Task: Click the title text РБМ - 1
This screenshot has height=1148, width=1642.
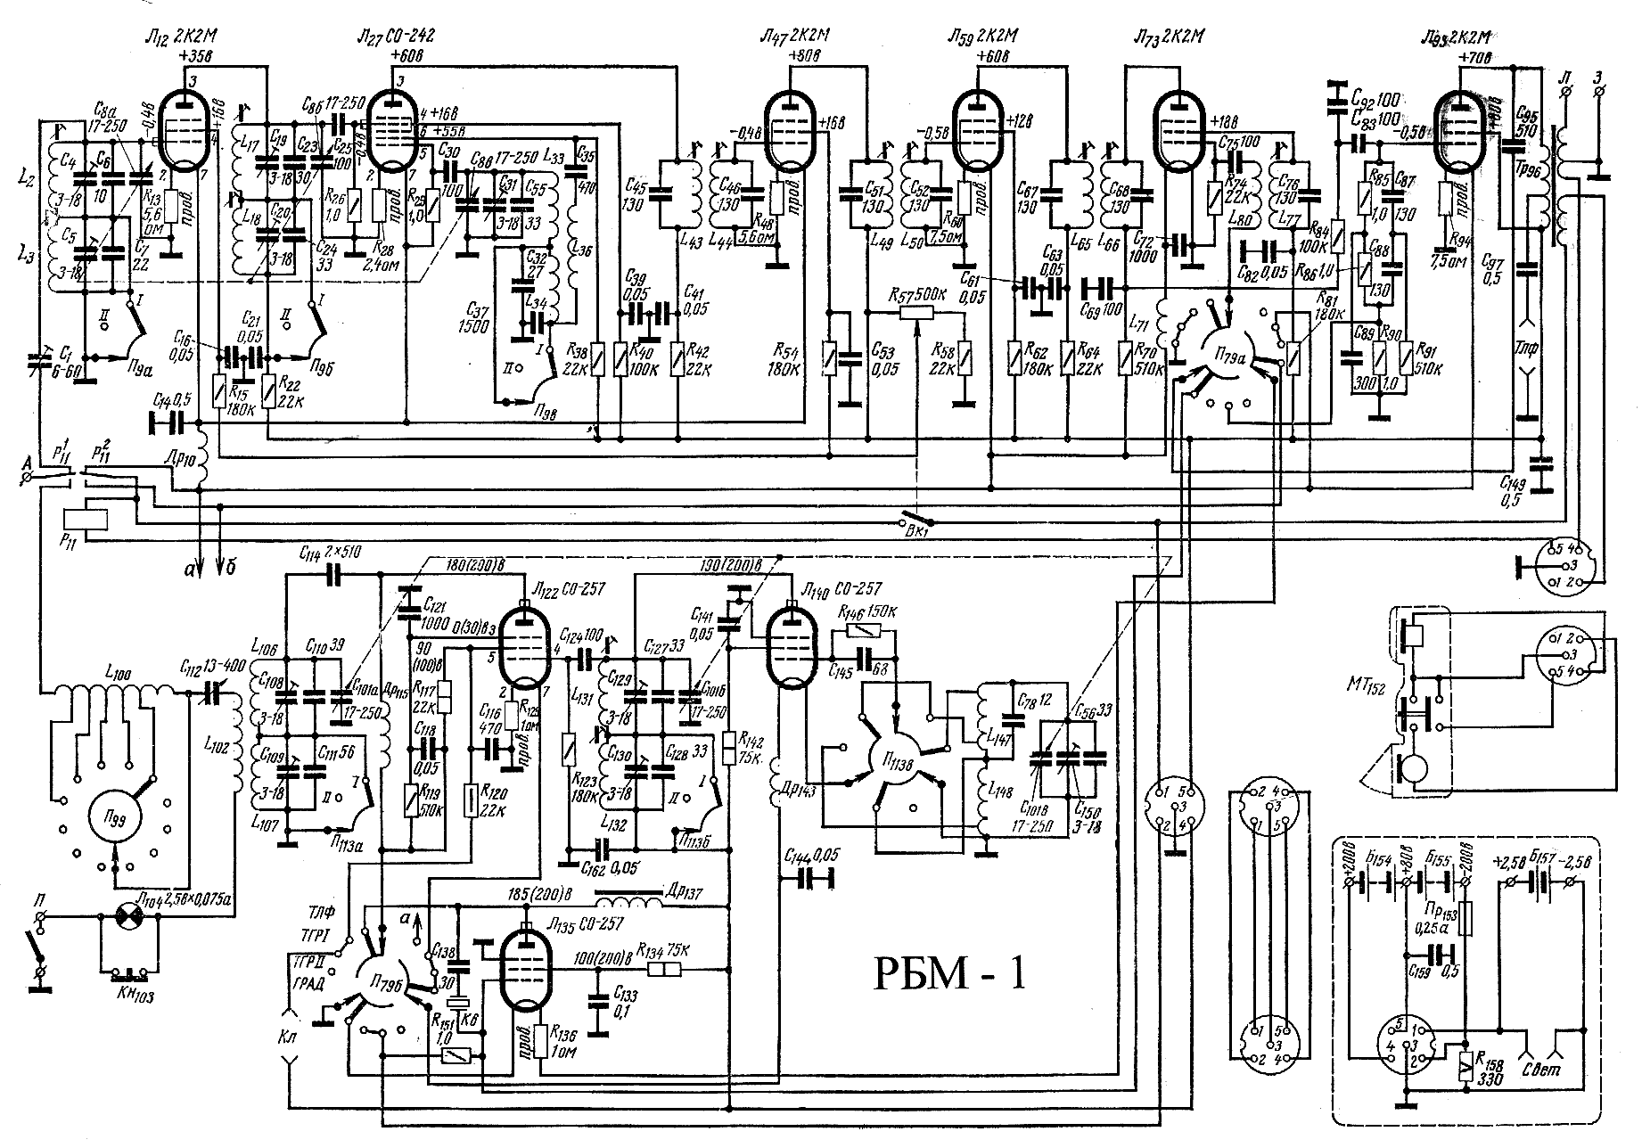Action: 947,973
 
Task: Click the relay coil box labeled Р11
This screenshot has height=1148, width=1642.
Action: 86,520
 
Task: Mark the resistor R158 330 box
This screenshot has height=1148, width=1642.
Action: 1466,1069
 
